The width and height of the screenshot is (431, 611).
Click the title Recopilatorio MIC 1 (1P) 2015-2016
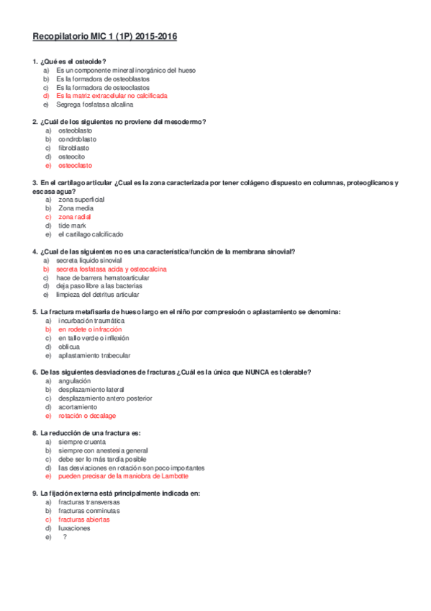105,36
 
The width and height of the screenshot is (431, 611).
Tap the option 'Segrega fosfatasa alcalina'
94,104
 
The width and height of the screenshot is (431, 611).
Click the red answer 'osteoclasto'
76,165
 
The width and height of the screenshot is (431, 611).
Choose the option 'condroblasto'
77,139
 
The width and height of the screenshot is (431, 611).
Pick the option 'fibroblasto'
75,148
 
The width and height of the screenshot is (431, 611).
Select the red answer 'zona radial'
75,217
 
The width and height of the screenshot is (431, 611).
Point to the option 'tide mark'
73,226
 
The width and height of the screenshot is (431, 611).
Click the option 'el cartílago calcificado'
91,234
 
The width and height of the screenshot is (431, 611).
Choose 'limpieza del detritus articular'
98,295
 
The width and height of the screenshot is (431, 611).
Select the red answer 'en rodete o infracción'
90,329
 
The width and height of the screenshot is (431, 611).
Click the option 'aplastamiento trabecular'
94,355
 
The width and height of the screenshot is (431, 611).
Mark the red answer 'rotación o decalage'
87,416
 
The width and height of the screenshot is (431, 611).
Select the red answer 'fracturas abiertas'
84,519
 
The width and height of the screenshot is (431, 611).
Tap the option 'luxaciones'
74,528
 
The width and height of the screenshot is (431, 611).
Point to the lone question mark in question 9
65,537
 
